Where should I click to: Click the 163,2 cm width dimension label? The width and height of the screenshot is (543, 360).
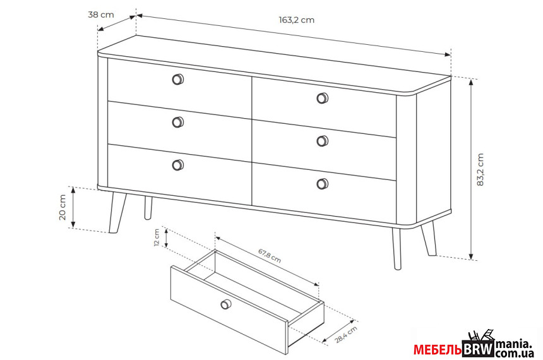297,20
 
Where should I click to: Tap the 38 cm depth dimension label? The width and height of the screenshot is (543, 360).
101,15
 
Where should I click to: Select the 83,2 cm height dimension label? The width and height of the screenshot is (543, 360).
480,169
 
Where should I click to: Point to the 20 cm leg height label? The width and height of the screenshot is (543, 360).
63,207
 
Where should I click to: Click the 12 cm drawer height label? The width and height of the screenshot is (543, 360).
157,237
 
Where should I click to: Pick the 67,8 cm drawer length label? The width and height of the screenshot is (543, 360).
270,255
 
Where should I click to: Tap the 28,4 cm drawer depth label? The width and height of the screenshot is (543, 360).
346,334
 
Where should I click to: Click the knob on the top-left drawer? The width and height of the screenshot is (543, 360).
178,80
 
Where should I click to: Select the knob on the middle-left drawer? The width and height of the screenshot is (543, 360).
178,122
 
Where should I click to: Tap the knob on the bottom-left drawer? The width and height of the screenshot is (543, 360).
178,165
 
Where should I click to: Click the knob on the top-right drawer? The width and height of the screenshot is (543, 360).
323,98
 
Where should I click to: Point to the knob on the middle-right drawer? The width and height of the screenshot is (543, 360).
323,141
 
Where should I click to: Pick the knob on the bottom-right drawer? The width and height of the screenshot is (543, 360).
323,184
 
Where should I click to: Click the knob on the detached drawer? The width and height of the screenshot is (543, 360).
226,304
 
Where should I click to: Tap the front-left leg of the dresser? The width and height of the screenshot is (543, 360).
117,212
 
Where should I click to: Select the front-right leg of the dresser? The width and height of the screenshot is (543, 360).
397,248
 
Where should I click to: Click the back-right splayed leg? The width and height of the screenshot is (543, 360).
429,239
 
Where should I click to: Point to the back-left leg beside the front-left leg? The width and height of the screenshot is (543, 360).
148,208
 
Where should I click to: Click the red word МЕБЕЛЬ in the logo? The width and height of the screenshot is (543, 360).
438,350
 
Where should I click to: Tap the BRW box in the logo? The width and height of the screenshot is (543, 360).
478,349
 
